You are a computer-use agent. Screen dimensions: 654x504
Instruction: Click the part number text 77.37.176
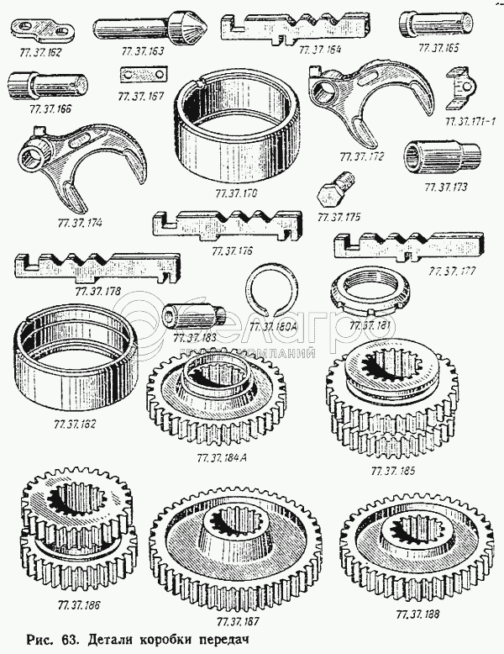[233, 251]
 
